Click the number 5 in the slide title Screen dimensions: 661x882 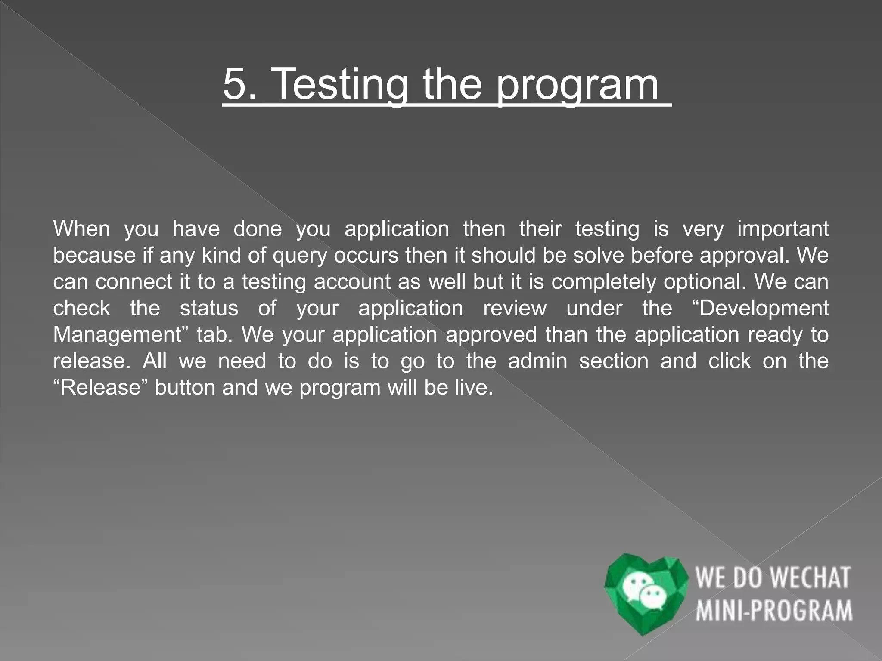click(235, 84)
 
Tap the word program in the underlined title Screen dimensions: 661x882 click(577, 85)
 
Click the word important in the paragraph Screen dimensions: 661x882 click(783, 229)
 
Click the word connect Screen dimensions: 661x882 click(134, 282)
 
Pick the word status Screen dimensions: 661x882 click(209, 309)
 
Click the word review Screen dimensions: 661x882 click(515, 309)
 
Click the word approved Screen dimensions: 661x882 click(491, 335)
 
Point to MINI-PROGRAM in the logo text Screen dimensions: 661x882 click(774, 610)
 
